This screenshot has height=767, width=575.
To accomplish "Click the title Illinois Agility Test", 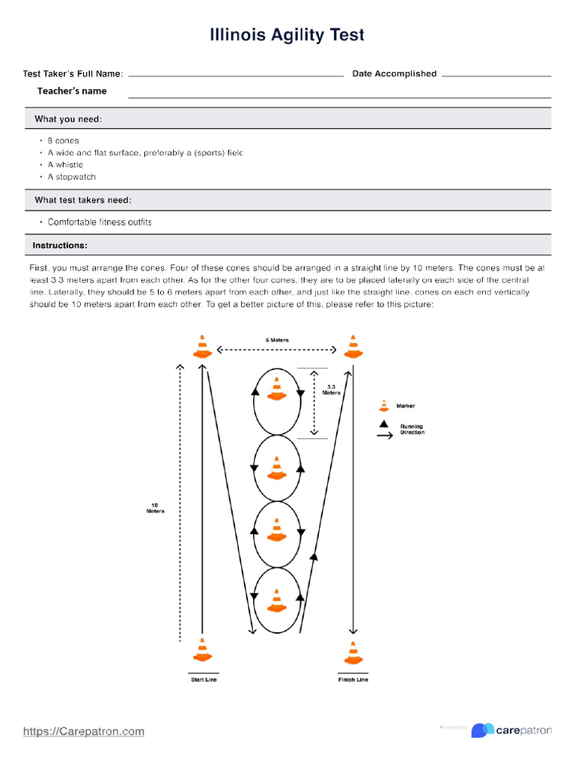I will [x=287, y=35].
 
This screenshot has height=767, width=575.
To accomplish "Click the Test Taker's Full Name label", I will [x=73, y=73].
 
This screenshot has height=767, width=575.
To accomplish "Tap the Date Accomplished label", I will [x=394, y=73].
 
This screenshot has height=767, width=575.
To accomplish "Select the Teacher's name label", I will [x=72, y=91].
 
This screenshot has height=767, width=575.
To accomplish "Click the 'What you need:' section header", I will [x=68, y=119].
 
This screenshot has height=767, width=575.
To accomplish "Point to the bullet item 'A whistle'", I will [x=65, y=165].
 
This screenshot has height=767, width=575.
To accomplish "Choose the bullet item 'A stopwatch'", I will [x=71, y=177].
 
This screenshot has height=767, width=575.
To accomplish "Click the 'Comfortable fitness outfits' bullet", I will [x=99, y=222].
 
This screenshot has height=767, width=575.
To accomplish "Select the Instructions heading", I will [x=59, y=246].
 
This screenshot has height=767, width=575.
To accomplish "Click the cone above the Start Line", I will [x=202, y=649].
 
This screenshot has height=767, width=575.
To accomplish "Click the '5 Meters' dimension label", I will [x=277, y=340].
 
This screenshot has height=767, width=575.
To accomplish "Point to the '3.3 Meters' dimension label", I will [x=331, y=389].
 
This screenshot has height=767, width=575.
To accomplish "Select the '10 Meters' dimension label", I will [x=155, y=508].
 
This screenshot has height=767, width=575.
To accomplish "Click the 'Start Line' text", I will [x=203, y=679].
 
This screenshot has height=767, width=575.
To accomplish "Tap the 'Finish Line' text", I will [x=353, y=679].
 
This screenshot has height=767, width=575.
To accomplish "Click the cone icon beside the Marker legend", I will [x=384, y=405].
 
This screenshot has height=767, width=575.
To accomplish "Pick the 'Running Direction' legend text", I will [x=412, y=429].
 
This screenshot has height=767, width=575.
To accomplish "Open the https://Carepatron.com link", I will [x=83, y=731].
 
